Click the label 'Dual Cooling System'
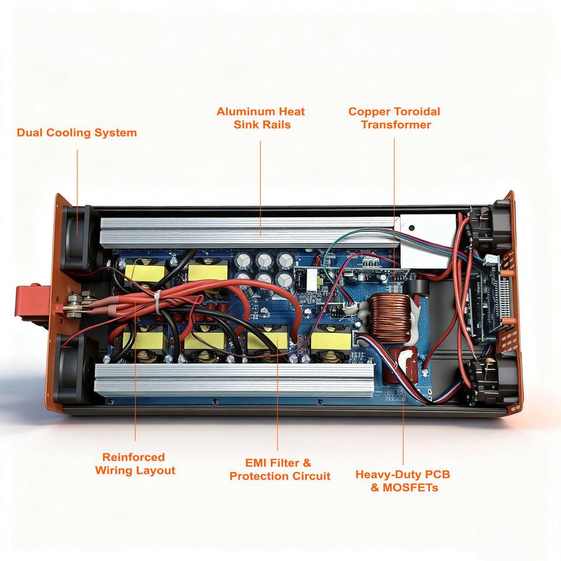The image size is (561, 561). click(x=77, y=133)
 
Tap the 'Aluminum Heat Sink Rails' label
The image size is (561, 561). click(x=261, y=117)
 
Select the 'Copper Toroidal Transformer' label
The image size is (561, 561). click(x=394, y=117)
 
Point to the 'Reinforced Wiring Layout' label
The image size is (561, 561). click(x=135, y=464)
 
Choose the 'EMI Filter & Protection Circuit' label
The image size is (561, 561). click(x=279, y=470)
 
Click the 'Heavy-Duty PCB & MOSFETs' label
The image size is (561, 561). click(x=403, y=480)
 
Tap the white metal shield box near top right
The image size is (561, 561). click(x=428, y=240)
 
